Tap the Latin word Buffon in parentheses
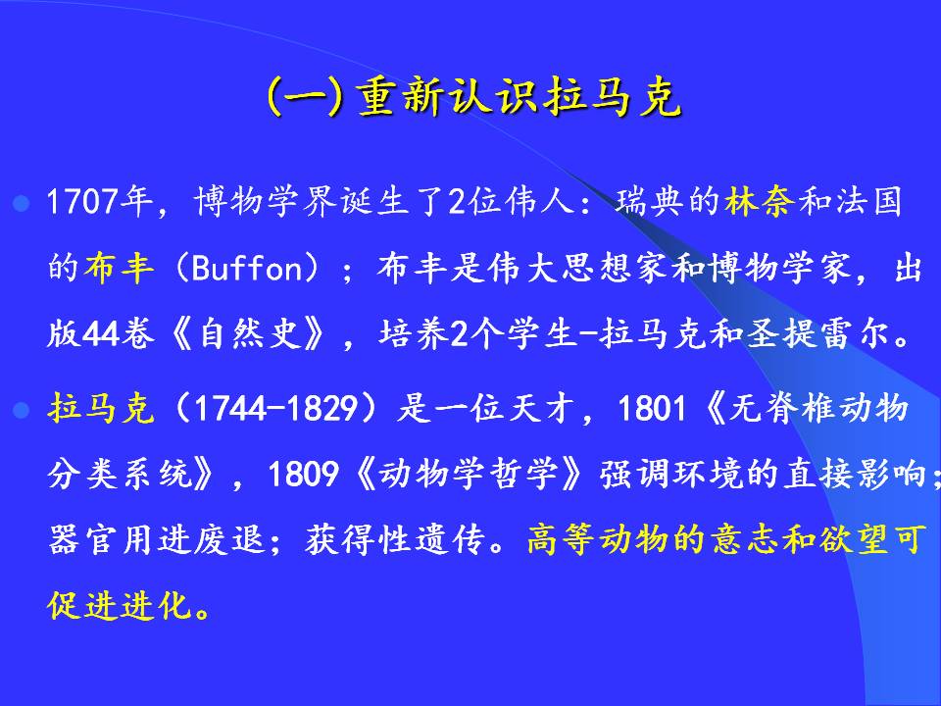click(247, 268)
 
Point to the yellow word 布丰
click(120, 268)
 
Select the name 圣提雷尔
click(817, 334)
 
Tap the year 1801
click(652, 409)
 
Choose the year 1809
click(303, 475)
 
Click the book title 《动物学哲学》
click(470, 475)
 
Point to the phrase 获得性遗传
click(395, 539)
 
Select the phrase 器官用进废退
click(156, 539)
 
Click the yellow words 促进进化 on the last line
click(120, 605)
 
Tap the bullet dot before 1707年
click(21, 204)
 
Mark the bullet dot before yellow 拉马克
click(21, 411)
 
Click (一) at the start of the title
click(305, 97)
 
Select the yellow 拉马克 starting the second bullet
click(101, 409)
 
